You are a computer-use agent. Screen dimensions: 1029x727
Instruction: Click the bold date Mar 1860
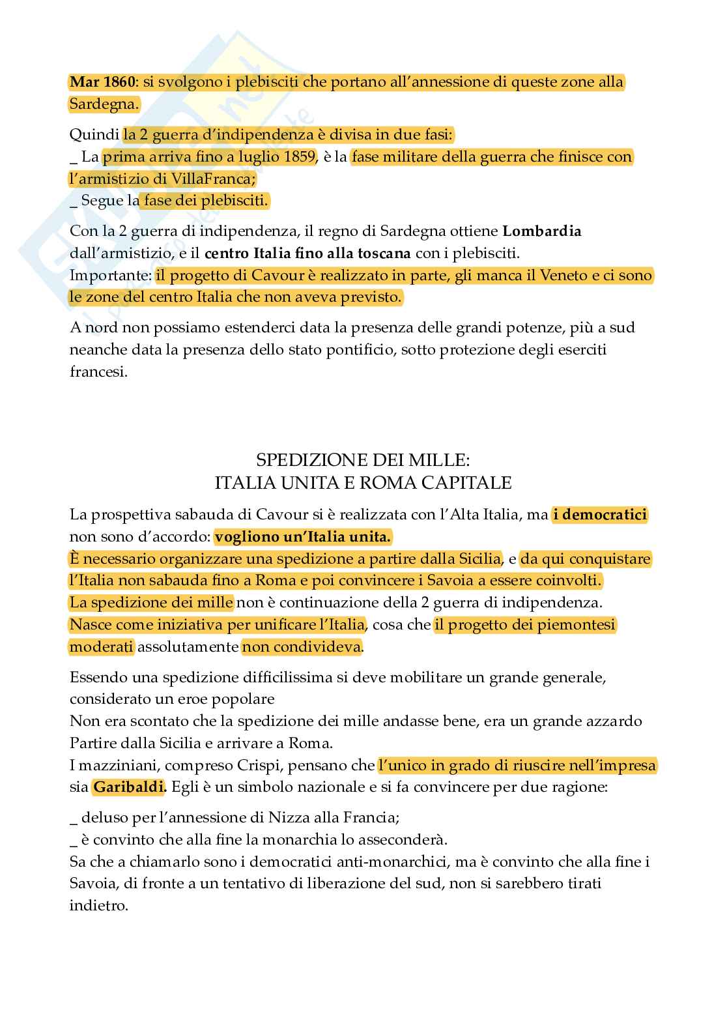(x=102, y=83)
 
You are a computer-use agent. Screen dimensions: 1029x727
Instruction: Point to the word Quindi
(x=93, y=136)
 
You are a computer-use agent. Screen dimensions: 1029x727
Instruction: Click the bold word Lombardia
(x=542, y=231)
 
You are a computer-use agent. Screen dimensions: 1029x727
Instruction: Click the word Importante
(x=109, y=275)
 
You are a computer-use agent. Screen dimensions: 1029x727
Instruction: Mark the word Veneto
(x=565, y=275)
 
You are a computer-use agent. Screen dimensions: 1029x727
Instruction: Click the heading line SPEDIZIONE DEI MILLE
(x=363, y=460)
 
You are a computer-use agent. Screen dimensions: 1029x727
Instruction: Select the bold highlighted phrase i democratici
(x=600, y=515)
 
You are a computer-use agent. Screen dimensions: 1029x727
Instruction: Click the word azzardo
(x=612, y=721)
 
